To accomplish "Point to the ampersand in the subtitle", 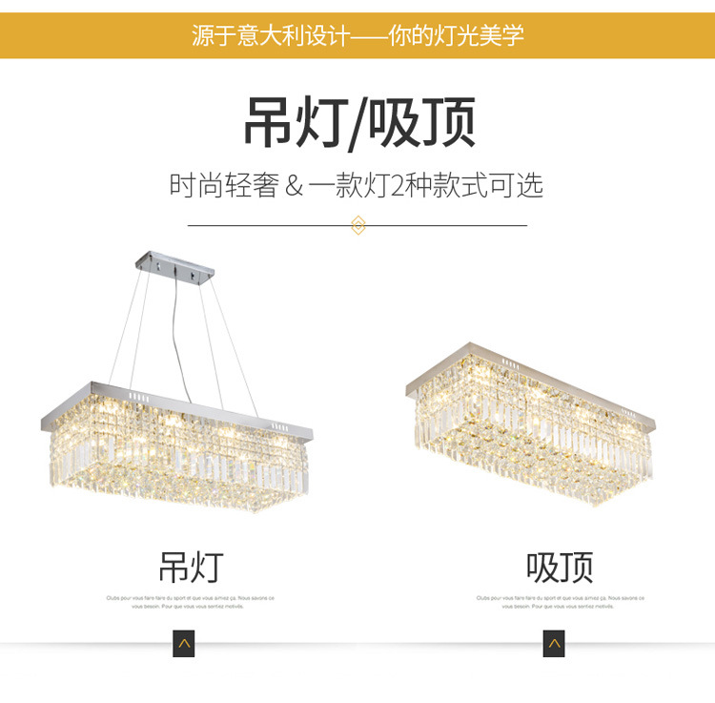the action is coord(294,185).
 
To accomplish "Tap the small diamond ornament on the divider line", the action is coord(358,226).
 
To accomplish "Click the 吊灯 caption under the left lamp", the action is coord(190,566).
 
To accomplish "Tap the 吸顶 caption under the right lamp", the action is coord(560,567).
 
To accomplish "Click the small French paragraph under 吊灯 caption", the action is coord(190,602).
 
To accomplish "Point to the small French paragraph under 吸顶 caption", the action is coord(560,602).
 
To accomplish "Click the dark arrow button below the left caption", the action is coord(184,644).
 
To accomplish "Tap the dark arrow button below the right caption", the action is coord(554,644).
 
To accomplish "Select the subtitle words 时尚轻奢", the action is coord(223,185).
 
